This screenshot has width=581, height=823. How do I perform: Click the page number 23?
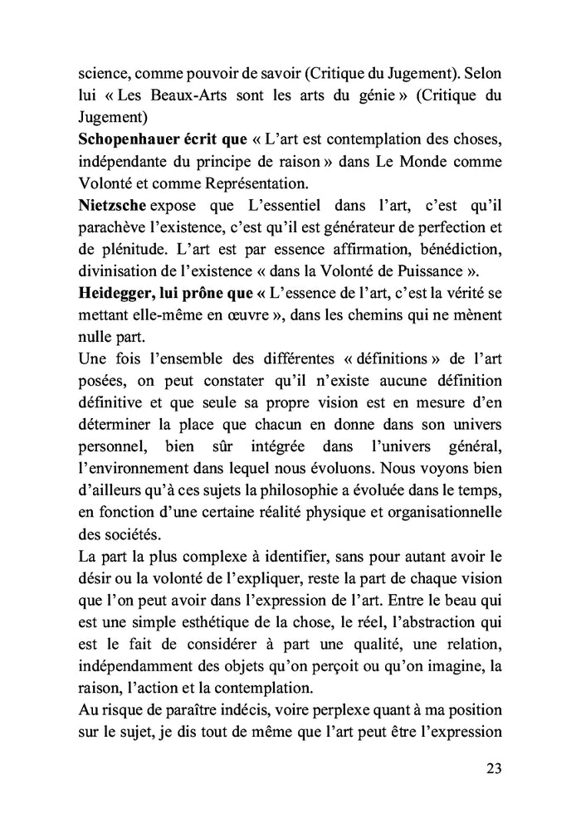(493, 767)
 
